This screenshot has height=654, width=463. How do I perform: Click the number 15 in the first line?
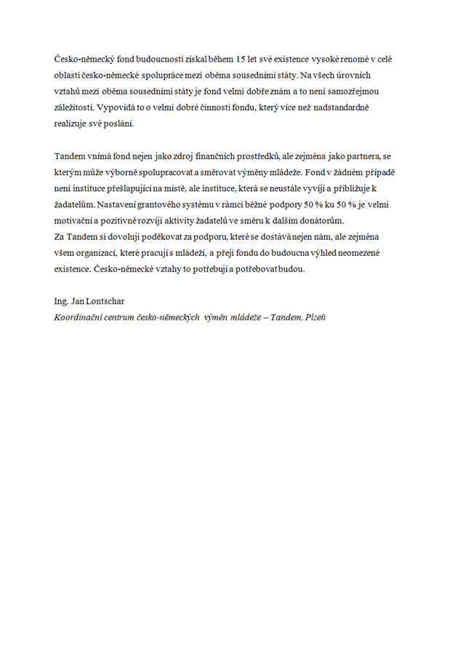pos(251,59)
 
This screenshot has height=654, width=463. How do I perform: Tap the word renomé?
pos(359,59)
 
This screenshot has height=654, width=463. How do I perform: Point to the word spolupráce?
pos(164,75)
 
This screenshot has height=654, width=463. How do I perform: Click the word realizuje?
pos(71,123)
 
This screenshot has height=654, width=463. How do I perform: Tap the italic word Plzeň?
pos(312,316)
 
